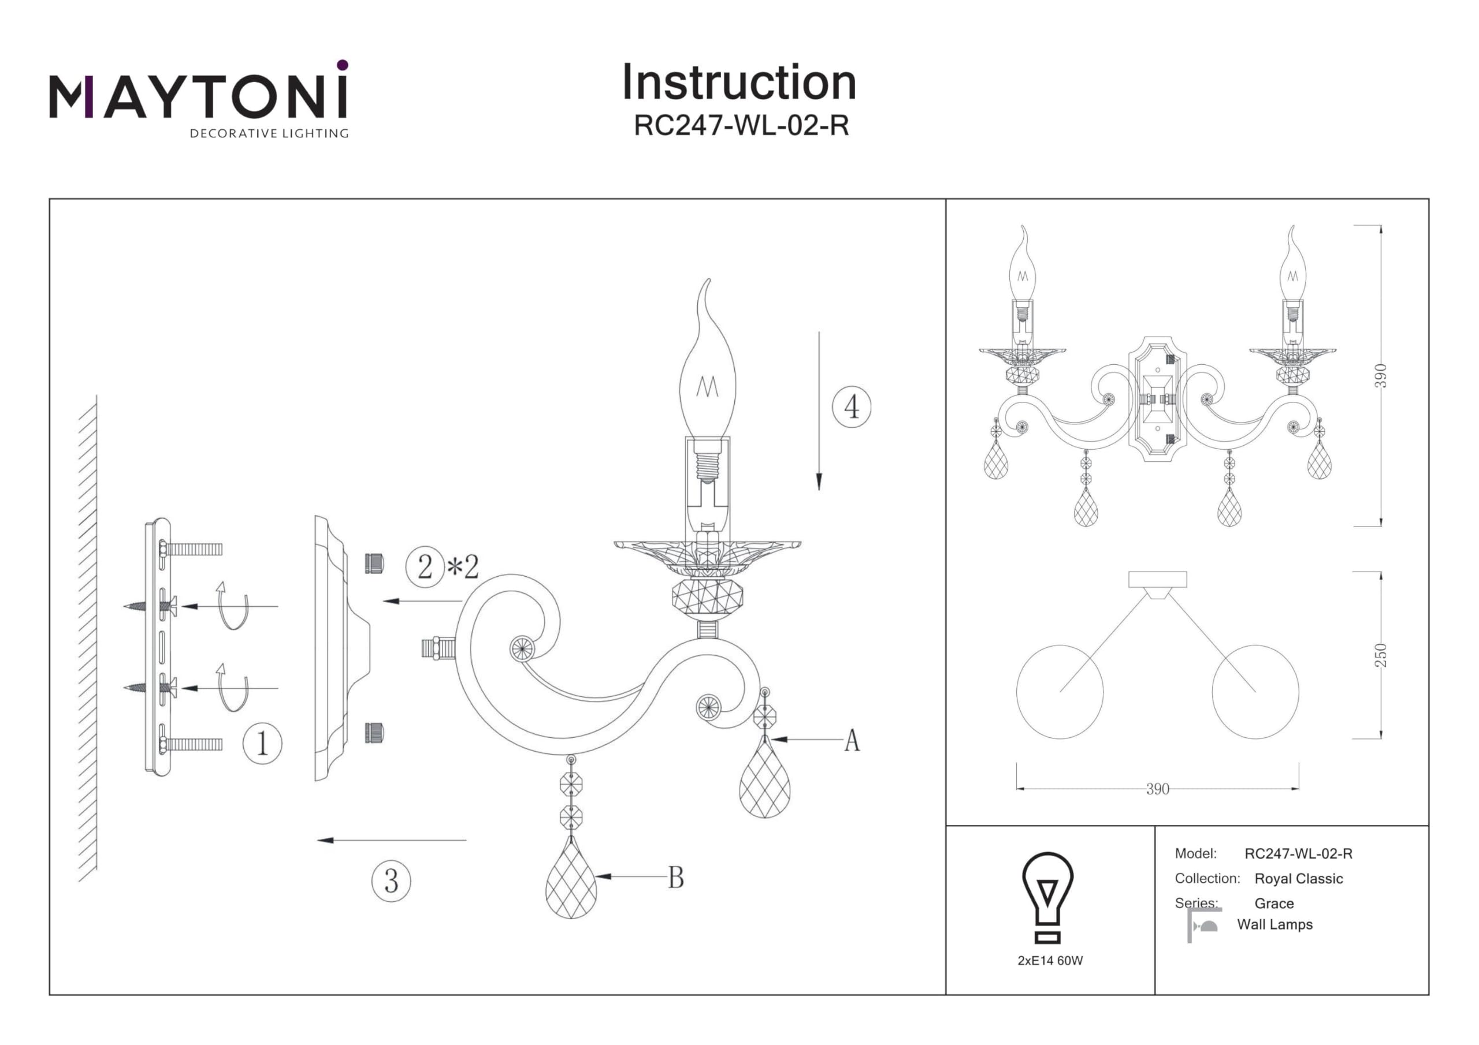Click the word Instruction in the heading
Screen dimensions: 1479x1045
[739, 83]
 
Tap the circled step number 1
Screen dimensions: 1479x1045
[262, 744]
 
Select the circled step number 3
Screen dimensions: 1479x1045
[391, 882]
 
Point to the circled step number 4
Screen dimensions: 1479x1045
[852, 407]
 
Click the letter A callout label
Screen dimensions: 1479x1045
[852, 741]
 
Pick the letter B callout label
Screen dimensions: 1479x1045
[676, 878]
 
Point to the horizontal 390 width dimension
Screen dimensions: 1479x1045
[1158, 789]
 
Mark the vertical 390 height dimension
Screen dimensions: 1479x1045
[1380, 376]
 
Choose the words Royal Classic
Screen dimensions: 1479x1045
[1299, 879]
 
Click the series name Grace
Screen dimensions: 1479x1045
[1274, 904]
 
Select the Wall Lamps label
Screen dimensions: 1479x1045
[1275, 924]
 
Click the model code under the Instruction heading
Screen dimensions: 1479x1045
[741, 125]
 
